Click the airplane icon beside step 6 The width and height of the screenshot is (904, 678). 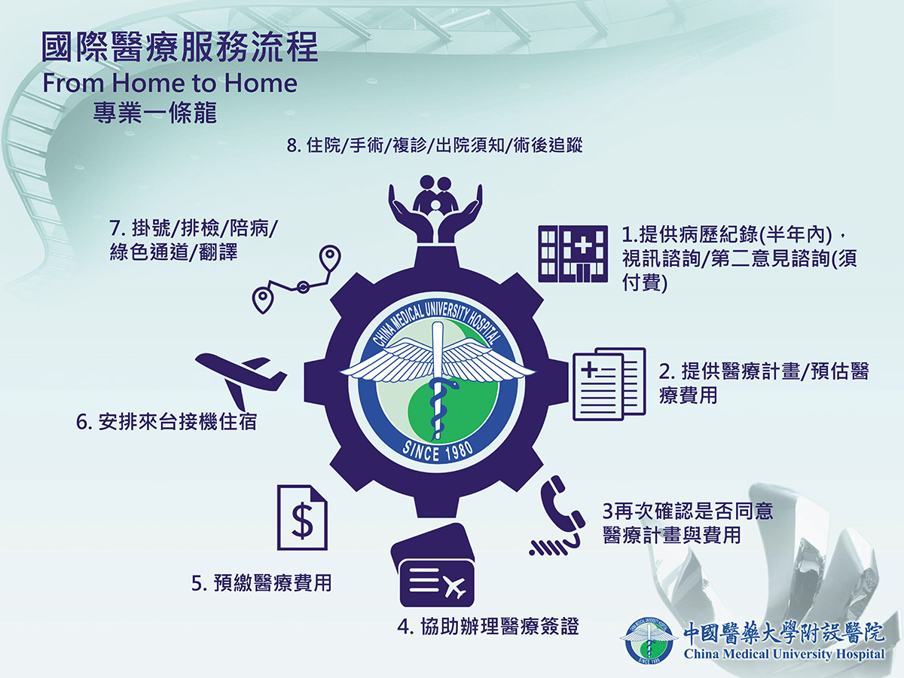pos(241,380)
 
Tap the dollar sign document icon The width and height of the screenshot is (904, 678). pos(302,518)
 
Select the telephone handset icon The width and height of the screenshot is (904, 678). pos(558,517)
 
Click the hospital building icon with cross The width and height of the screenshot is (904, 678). pos(573,254)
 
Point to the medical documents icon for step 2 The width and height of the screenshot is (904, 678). pos(609,383)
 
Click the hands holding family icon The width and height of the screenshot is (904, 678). pos(435,209)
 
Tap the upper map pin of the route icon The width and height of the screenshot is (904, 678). pos(330,258)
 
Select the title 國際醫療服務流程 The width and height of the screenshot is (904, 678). pos(180,47)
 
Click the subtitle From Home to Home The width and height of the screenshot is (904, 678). pos(169,83)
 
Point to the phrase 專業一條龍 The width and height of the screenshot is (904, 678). pos(155,112)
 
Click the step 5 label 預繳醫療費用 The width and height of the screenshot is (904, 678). pos(261,583)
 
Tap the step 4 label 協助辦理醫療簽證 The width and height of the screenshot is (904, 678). pos(488,627)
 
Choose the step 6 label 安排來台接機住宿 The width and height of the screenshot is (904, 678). pos(166,422)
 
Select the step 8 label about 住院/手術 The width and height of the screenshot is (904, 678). pos(435,145)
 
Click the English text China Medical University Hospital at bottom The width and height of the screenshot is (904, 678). pos(784,654)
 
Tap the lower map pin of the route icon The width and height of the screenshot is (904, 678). pos(263,299)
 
